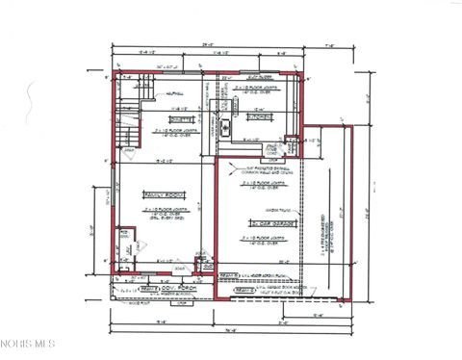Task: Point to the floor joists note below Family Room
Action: pos(164,213)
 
